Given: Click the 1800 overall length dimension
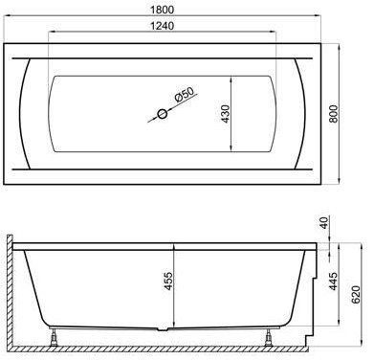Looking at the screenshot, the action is pos(163,10).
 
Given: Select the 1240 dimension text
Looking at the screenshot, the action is pos(163,26).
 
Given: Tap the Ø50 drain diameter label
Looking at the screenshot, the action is pos(185,94).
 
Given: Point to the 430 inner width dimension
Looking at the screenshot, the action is pos(225,114).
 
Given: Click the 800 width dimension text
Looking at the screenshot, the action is pos(333,114).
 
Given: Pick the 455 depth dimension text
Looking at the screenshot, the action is pos(168,281).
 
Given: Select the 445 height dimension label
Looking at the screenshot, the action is pos(333,281).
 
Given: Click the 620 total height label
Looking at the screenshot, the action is pos(356,294).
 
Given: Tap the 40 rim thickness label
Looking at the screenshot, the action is pos(324,223).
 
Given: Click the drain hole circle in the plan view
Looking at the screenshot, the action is pos(163,114).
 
